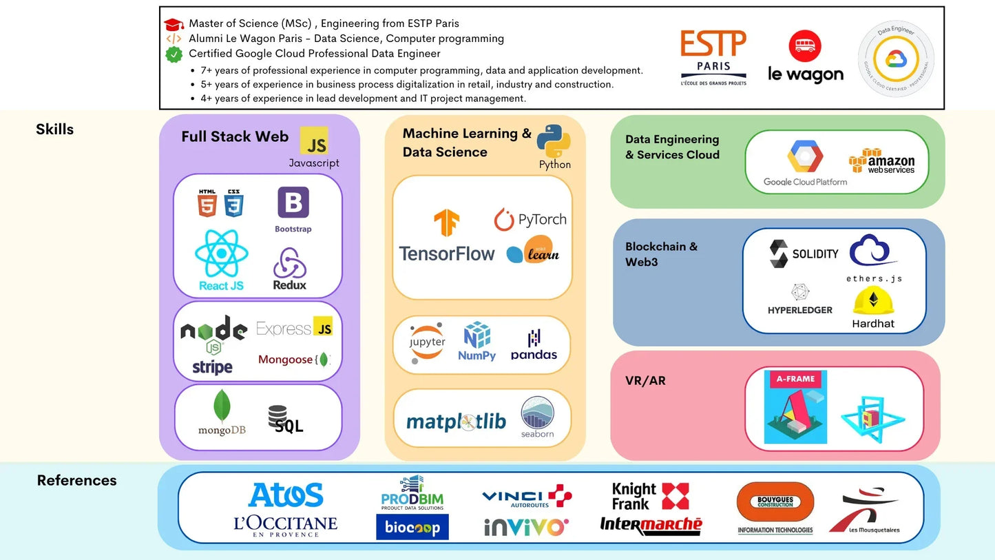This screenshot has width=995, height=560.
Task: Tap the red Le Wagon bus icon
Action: click(804, 46)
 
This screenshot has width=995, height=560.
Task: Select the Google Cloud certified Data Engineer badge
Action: click(896, 59)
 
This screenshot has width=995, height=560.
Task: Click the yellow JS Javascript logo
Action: click(314, 141)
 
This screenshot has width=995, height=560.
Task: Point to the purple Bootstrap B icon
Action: click(293, 203)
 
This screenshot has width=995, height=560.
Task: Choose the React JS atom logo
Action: click(222, 254)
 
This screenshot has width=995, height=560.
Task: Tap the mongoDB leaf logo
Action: click(222, 407)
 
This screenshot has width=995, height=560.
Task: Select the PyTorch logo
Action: click(530, 220)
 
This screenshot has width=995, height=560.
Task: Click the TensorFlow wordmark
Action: click(447, 253)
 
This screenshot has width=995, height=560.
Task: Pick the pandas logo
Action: click(534, 345)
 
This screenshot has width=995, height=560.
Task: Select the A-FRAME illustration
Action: click(795, 407)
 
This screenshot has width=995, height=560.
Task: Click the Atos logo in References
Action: click(286, 495)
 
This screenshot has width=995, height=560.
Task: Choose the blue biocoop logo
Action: click(412, 527)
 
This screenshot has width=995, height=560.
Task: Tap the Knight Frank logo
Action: click(650, 496)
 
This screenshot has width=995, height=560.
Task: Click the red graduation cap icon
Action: click(174, 24)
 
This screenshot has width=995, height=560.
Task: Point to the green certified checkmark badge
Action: click(174, 54)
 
